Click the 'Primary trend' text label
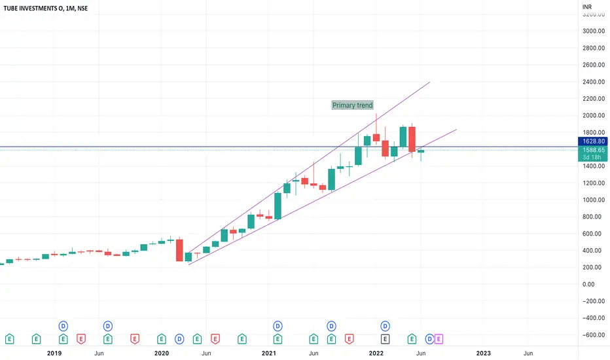pyautogui.click(x=352, y=105)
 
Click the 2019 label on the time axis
pyautogui.click(x=54, y=353)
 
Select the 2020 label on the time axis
pyautogui.click(x=162, y=353)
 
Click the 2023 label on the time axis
pyautogui.click(x=483, y=353)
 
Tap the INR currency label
pyautogui.click(x=587, y=8)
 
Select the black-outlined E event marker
pyautogui.click(x=386, y=338)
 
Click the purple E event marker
pyautogui.click(x=439, y=338)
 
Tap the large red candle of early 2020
pyautogui.click(x=179, y=250)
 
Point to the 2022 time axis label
pyautogui.click(x=376, y=353)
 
